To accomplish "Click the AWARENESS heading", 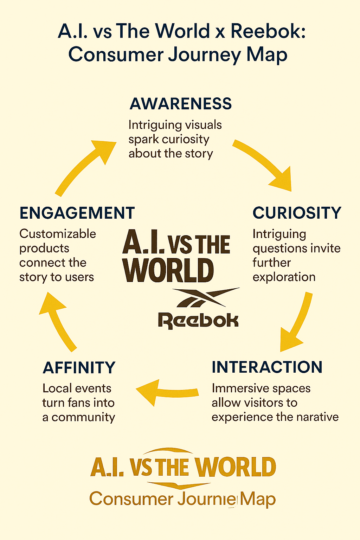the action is pos(181,104).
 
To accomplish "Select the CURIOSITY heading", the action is pos(297,213).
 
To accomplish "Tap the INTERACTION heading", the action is pos(267,367).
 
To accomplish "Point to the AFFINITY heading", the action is pos(79,368).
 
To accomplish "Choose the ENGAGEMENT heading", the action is pos(77,213).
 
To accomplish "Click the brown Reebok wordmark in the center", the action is pos(198,320).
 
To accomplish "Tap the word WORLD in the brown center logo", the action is pos(168,270).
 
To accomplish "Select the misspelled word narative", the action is pos(317,417).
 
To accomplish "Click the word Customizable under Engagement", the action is pos(58,234).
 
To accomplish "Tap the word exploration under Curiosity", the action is pos(284,277).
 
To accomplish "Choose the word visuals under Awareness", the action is pos(203,125).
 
